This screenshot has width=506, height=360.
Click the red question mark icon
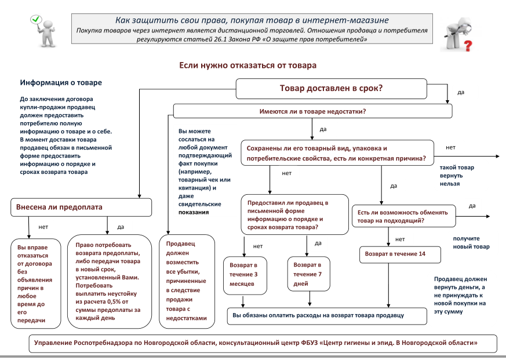click(x=463, y=34)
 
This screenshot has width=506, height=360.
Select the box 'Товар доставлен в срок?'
click(x=331, y=89)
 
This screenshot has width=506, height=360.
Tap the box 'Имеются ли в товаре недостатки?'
click(x=312, y=110)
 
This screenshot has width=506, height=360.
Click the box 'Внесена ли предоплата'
click(x=81, y=207)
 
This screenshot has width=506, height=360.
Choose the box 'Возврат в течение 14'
click(x=401, y=254)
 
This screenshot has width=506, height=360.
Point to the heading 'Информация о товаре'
click(x=61, y=83)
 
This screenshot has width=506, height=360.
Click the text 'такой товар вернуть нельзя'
click(x=457, y=176)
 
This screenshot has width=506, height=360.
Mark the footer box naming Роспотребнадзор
click(x=256, y=343)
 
